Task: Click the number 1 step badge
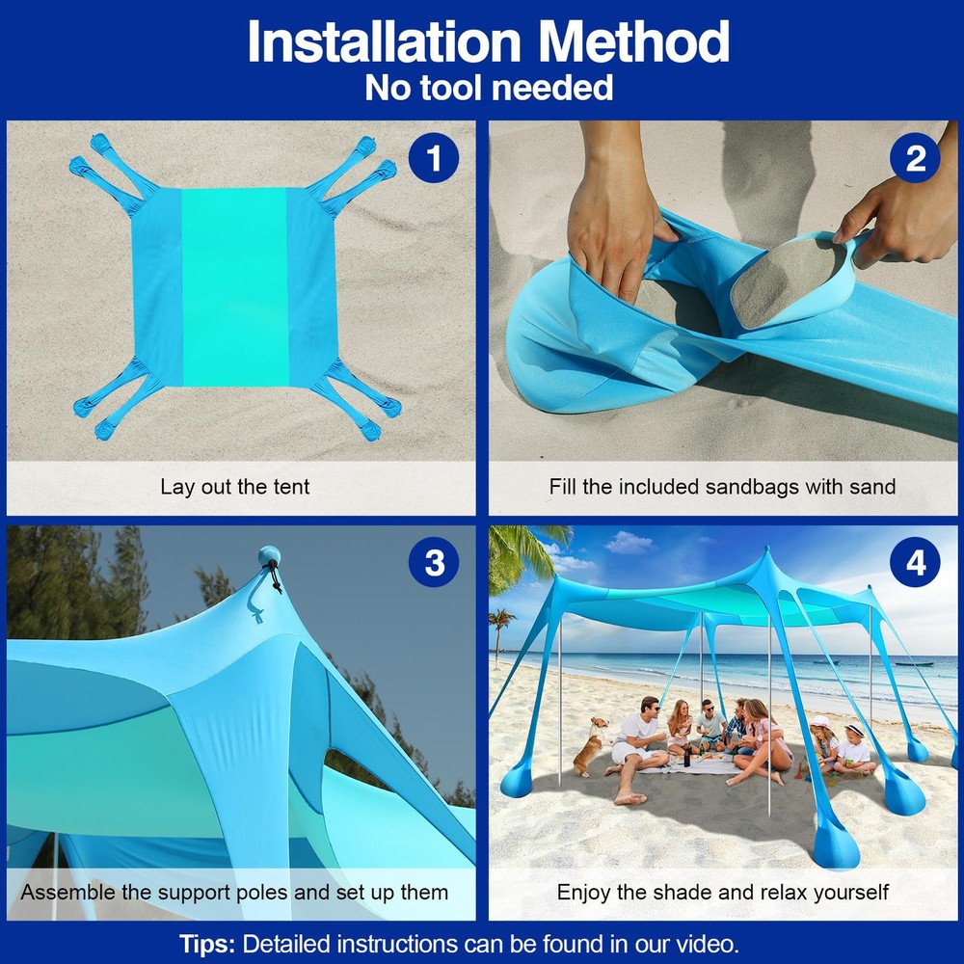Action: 434,158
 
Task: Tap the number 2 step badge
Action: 915,158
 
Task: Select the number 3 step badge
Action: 434,562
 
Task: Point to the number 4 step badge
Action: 915,562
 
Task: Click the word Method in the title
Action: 633,41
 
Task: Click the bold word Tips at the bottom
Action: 206,944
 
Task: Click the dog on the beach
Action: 589,746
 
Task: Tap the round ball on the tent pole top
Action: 269,555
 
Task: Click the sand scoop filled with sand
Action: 794,280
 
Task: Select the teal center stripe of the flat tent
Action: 235,287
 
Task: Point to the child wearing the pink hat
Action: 825,740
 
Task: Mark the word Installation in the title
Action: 385,41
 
